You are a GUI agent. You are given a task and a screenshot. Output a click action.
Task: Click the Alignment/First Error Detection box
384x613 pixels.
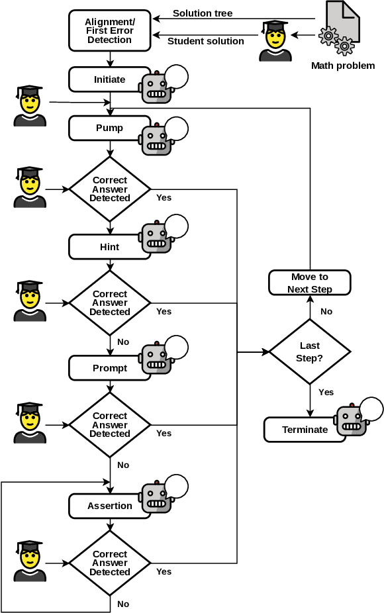coord(109,30)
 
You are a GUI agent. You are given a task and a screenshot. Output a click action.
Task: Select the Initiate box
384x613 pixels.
coord(109,79)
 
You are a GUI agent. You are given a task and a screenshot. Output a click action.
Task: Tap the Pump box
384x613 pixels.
coord(109,128)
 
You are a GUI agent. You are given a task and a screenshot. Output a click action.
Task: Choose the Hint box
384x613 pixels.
coord(109,247)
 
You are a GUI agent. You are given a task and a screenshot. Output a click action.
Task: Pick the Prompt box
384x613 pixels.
coord(109,368)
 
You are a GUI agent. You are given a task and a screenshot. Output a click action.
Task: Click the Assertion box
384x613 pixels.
coord(109,506)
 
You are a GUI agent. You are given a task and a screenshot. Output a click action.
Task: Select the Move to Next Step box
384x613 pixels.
coord(309,283)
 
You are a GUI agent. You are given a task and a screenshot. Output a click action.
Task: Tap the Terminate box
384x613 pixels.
coord(305,430)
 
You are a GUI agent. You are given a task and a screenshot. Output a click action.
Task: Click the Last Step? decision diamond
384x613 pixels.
coord(309,351)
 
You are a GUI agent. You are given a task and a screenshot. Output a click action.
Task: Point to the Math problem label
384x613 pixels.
coord(343,66)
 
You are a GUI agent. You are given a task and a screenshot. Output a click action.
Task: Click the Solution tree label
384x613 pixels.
coord(203,13)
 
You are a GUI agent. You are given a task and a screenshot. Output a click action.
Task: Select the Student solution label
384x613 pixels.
coord(205,41)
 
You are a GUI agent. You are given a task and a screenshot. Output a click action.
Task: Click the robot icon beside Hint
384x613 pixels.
coord(156,238)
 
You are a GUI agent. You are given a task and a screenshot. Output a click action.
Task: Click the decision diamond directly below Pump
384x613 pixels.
coord(110,189)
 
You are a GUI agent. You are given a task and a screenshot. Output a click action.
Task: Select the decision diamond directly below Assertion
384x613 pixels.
coord(110,563)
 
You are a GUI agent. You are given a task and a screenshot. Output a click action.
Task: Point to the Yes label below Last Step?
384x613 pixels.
coord(326,392)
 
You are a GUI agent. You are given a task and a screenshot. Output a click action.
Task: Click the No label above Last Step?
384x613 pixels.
coord(326,311)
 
